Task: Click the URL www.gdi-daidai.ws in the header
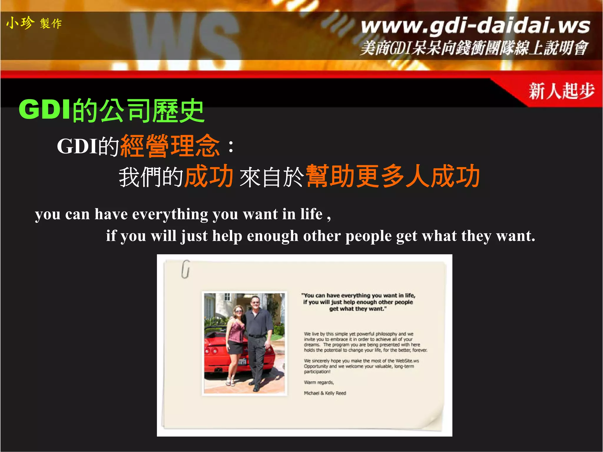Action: [x=475, y=26]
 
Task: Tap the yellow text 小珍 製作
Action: [x=34, y=23]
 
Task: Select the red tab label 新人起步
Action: [x=561, y=91]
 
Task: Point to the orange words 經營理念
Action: [x=170, y=146]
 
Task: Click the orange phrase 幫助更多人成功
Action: [x=393, y=176]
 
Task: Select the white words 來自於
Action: [x=271, y=177]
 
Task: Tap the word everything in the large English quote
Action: [x=170, y=214]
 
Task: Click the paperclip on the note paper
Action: [x=185, y=269]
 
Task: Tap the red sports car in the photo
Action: [x=218, y=356]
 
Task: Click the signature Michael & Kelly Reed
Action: [x=325, y=393]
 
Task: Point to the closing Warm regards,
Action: [x=319, y=382]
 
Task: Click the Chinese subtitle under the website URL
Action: [x=474, y=48]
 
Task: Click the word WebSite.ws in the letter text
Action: [x=407, y=361]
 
